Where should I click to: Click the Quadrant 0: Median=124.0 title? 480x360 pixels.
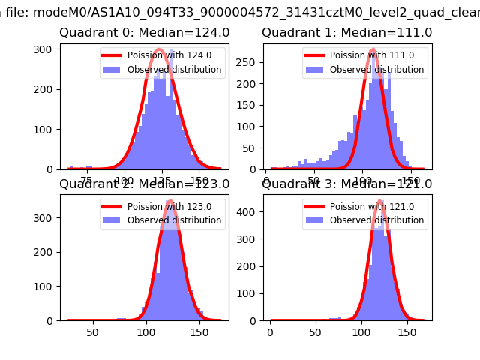pos(144,33)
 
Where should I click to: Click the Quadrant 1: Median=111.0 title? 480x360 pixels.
pos(346,33)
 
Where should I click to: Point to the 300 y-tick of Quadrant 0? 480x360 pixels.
pos(46,49)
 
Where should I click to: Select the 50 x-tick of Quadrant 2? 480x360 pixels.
pos(93,331)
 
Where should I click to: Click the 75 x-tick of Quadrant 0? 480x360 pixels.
pos(87,180)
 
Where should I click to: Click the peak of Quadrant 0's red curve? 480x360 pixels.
pos(159,51)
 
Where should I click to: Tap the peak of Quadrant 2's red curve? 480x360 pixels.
pos(170,201)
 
